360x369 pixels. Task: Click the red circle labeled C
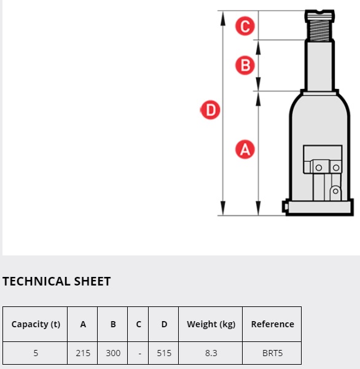coord(245,26)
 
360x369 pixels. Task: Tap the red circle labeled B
coord(245,65)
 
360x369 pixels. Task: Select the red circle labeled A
coord(245,149)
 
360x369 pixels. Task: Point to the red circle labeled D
coord(210,110)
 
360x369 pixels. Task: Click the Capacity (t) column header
coord(36,324)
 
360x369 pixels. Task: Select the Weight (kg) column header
coord(211,324)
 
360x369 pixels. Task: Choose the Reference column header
coord(272,324)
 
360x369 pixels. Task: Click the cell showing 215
coord(83,353)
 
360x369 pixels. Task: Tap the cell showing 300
coord(113,353)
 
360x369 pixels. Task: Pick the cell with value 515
coord(164,353)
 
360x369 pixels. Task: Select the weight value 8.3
coord(211,353)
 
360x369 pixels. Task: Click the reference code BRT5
coord(272,353)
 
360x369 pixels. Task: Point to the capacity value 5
coord(36,353)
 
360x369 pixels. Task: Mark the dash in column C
coord(139,354)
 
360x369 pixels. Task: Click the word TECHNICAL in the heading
coord(36,281)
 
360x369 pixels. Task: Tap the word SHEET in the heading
coord(92,281)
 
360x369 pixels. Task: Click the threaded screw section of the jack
coord(319,31)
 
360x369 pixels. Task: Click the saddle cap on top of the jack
coord(319,15)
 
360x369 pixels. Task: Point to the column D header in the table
coord(164,324)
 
